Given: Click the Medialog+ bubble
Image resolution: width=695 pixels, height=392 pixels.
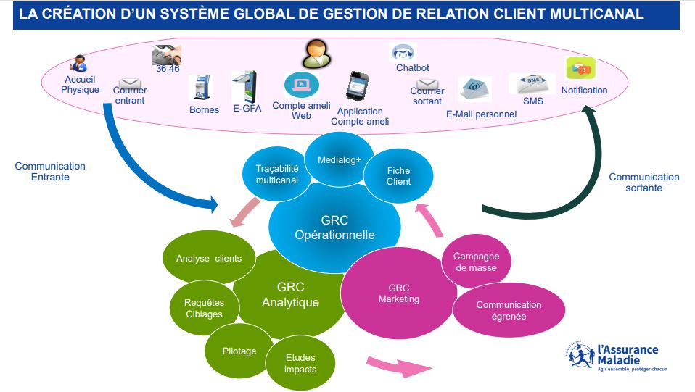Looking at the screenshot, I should click(339, 159).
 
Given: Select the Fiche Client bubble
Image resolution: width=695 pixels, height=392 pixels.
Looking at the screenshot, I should click(398, 176).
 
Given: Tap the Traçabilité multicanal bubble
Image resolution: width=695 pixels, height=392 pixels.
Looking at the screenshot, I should click(276, 174).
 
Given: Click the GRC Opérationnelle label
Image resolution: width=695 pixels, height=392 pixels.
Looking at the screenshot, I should click(334, 227).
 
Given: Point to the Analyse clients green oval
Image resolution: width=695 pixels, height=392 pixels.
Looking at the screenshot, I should click(209, 259).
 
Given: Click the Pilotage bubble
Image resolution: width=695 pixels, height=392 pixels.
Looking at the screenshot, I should click(239, 351).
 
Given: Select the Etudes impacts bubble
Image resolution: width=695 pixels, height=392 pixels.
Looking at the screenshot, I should click(300, 364).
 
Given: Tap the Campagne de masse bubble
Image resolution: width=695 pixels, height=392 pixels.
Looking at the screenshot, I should click(475, 262).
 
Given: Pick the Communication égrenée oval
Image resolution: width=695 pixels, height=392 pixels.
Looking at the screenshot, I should click(509, 310).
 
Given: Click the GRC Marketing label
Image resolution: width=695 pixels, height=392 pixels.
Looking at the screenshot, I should click(398, 293).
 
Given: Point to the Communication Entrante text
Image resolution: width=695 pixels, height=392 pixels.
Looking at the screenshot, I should click(50, 171).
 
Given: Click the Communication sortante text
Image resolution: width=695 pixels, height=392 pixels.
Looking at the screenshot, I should click(643, 182).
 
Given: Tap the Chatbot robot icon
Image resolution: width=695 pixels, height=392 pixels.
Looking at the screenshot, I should click(403, 53).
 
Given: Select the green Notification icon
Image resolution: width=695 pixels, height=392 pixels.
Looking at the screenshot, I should click(580, 70).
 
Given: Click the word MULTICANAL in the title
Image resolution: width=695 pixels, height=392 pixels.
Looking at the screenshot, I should click(599, 14).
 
